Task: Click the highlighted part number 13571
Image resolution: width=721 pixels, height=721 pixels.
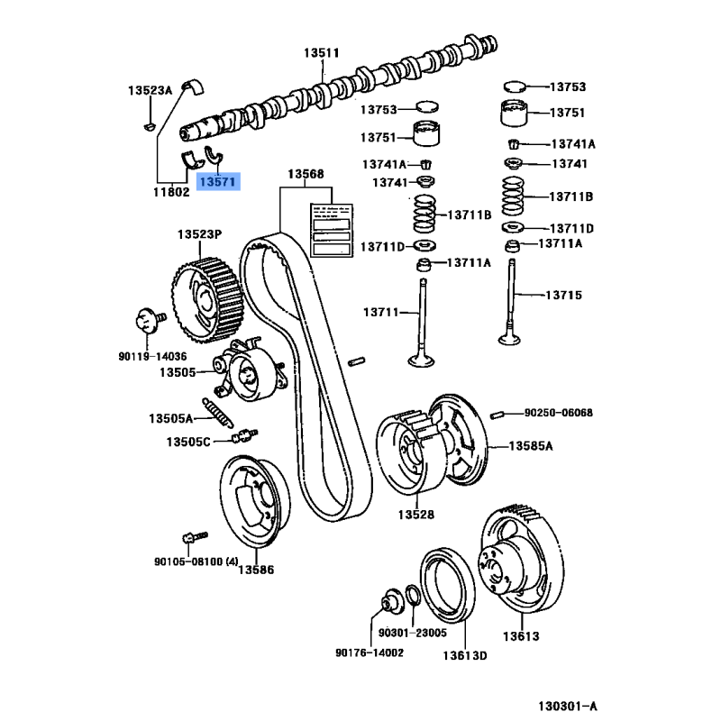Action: pyautogui.click(x=219, y=181)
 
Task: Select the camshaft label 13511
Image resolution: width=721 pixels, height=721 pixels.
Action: pyautogui.click(x=320, y=53)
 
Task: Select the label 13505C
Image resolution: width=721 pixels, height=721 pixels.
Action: pyautogui.click(x=187, y=442)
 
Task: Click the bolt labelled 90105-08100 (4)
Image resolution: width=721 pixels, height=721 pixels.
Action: pyautogui.click(x=188, y=535)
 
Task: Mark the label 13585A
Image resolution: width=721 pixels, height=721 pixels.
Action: pyautogui.click(x=530, y=445)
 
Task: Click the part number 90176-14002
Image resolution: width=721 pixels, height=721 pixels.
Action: pyautogui.click(x=369, y=653)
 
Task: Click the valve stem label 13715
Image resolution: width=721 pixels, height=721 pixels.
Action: pyautogui.click(x=563, y=295)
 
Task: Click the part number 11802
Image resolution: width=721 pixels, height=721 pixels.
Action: pyautogui.click(x=170, y=191)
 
